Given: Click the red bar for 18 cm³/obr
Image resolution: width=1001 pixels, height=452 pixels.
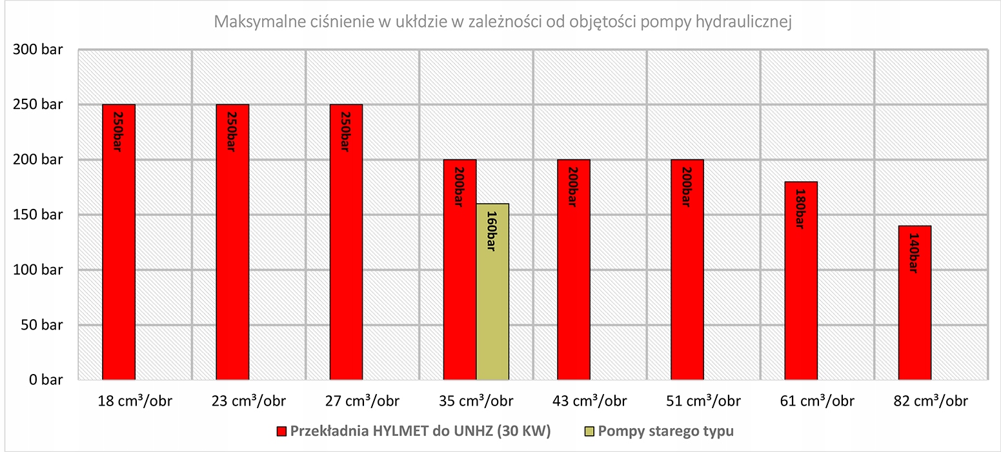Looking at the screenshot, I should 119,242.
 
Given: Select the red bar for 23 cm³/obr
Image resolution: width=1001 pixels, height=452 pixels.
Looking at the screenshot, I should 232,242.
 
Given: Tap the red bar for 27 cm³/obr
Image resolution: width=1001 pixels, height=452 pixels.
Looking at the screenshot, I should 346,242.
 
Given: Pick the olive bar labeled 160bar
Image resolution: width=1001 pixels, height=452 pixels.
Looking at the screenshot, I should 492,291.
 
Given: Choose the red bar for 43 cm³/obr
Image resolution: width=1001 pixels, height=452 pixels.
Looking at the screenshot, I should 573,270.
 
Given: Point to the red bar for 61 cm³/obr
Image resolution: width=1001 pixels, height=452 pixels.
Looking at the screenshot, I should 801,280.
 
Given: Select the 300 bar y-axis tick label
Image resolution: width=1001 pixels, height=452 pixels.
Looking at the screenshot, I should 37,50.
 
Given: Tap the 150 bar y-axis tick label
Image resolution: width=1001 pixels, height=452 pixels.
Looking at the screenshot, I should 37,215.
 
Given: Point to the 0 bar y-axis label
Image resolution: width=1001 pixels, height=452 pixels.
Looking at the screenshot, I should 44,380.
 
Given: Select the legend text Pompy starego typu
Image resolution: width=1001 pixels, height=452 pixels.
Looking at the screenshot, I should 665,431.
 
